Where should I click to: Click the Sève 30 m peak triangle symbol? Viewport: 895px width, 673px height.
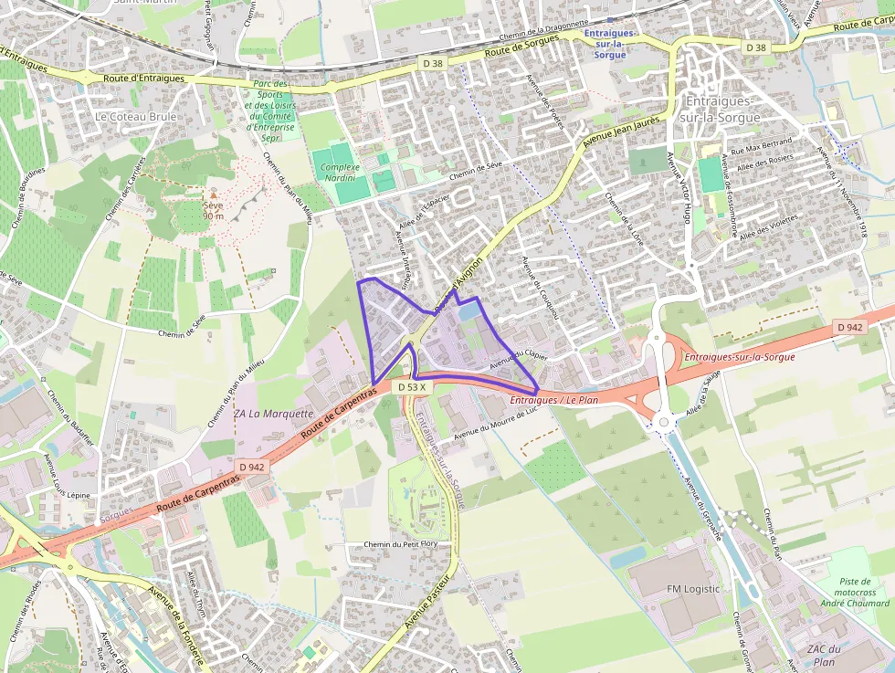coord(214,194)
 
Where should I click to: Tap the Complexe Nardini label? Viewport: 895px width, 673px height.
coord(340,173)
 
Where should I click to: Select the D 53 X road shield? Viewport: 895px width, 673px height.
coord(411,387)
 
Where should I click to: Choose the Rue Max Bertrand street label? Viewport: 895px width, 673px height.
coord(760,145)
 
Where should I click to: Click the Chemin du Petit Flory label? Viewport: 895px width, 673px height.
coord(401,545)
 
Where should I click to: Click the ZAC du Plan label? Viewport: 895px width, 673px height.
coord(822,655)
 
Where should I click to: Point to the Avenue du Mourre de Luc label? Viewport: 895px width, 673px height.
coord(493,423)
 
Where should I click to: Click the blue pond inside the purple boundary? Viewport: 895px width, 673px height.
coord(468,311)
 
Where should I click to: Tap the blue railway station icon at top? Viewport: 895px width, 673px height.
coord(608,19)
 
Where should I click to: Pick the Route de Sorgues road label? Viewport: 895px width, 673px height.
coord(521,49)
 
